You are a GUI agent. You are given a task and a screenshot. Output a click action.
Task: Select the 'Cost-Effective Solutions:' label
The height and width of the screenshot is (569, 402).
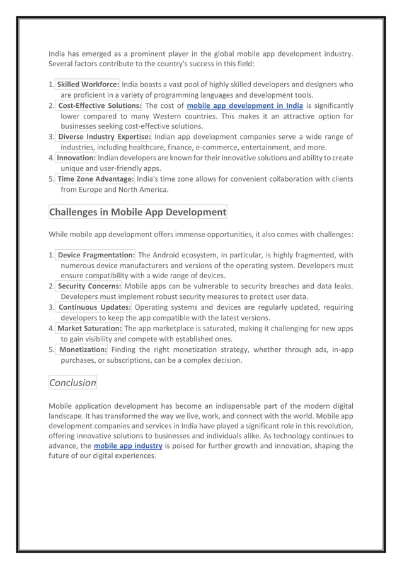100,105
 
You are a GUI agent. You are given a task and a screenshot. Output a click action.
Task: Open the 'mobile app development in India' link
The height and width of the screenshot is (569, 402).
245,105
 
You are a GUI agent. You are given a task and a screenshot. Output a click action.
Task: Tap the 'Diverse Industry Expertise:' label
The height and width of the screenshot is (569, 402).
104,137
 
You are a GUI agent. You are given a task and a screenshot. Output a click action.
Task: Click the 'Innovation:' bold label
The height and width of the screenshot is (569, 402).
76,158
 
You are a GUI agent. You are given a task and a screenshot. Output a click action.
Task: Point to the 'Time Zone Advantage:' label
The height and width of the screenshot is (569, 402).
91,179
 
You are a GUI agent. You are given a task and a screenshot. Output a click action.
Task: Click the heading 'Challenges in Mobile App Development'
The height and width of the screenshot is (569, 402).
137,212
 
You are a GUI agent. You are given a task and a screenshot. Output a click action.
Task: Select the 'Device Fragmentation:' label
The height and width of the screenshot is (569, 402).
96,255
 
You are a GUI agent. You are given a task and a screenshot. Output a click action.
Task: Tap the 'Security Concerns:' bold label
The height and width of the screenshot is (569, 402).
89,286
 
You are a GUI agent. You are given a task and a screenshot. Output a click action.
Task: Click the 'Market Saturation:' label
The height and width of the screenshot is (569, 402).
89,328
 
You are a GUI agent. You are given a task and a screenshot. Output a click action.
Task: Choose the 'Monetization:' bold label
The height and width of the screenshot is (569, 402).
83,349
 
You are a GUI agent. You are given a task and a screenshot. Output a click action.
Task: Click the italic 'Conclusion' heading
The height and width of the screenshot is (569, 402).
72,382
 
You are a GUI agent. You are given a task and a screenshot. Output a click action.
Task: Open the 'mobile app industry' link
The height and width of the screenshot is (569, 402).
128,446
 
